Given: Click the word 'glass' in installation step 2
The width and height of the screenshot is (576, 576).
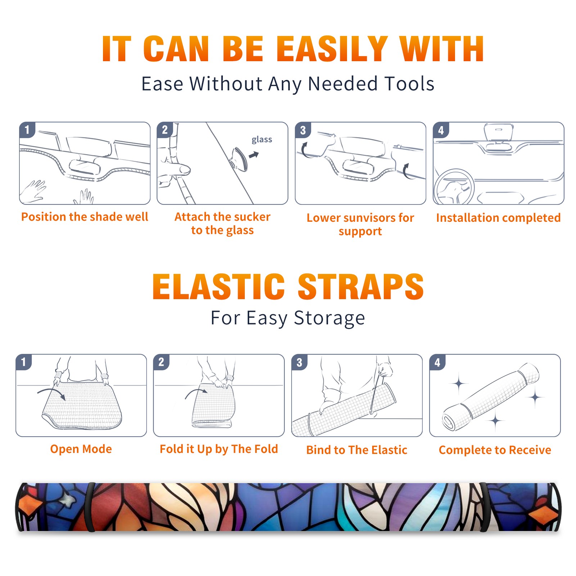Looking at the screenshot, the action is coord(262,140).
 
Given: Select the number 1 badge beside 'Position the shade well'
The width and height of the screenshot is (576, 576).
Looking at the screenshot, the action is coord(27,130).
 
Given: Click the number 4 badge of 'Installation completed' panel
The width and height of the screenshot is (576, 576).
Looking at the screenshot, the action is coord(441,130).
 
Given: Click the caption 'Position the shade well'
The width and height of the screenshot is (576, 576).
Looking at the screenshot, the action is coord(85,217).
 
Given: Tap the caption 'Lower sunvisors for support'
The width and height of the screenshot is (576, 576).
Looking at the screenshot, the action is coord(360,224).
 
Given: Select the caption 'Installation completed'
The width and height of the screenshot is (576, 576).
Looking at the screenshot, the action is coord(498,218).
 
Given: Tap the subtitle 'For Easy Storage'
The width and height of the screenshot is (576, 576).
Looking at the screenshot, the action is coord(288,318).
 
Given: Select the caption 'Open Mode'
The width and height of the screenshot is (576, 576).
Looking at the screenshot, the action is coord(81,449).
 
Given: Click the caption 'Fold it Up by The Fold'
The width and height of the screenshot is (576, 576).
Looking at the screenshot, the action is coord(219,449).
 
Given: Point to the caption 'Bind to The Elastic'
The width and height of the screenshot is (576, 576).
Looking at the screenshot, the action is coord(357,450).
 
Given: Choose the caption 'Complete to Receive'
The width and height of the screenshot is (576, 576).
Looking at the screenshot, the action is coord(495,450).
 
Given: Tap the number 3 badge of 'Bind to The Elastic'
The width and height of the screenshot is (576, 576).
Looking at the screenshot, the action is coord(299,362).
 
